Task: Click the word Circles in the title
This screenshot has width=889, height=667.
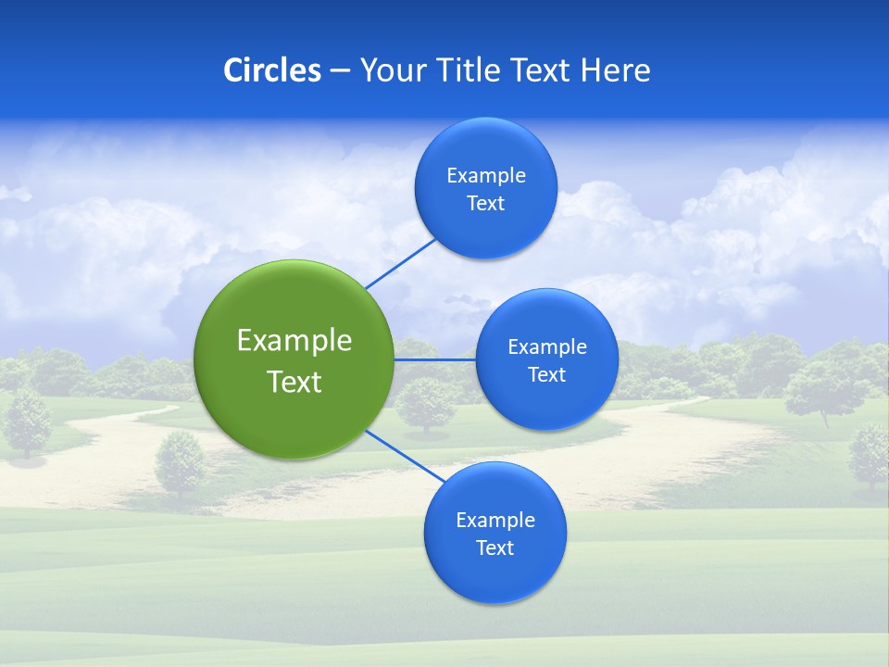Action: pos(271,70)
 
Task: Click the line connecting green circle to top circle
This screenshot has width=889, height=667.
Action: pos(400,263)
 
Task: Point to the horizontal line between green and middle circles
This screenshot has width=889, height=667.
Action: pos(434,359)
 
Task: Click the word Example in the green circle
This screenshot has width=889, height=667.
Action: pos(294,341)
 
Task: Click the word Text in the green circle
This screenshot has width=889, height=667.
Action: pos(294,382)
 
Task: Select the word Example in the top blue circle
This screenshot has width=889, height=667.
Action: pos(485,176)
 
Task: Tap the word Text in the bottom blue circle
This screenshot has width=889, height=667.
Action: pos(495,548)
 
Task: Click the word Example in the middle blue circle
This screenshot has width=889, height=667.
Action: pos(546,347)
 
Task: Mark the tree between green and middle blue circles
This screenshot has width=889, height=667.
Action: pos(426,403)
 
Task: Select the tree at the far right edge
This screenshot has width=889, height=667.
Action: pos(869,454)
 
